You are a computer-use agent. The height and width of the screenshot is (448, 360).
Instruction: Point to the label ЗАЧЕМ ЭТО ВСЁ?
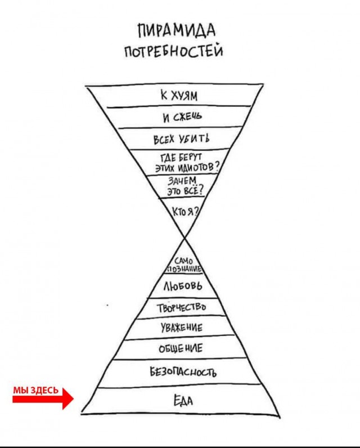[184, 186]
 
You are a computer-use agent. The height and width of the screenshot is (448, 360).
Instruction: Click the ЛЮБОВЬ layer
[182, 286]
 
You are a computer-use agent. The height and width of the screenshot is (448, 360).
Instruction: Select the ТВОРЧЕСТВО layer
[181, 308]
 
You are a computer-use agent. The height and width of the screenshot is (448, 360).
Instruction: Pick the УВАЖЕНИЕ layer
[181, 328]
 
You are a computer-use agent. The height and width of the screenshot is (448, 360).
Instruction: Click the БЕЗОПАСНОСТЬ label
[183, 371]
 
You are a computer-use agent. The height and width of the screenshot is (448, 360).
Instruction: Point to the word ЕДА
[182, 401]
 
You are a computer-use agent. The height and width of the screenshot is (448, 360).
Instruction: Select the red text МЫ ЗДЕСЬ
[35, 389]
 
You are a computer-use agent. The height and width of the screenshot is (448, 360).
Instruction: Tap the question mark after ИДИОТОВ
[217, 167]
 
